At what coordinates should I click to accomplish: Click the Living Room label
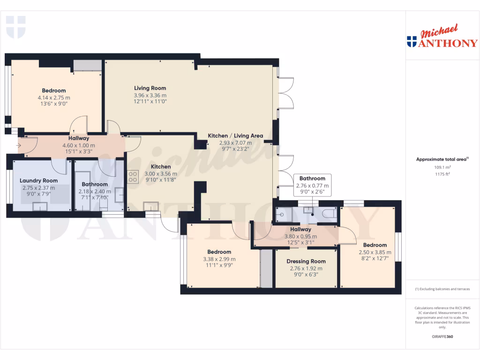pos(150,88)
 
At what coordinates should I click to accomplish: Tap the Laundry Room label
pos(38,180)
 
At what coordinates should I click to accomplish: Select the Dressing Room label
pos(307,262)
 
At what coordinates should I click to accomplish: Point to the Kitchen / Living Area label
pos(235,136)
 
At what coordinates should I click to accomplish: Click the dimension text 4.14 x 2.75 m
pos(54,97)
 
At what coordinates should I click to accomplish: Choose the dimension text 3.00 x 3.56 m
pos(161,174)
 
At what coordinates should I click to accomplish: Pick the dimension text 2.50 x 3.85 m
pos(375,252)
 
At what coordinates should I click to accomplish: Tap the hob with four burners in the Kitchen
pos(133,176)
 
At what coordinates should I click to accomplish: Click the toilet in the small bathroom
pos(329,214)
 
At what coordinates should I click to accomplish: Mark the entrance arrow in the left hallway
pos(18,145)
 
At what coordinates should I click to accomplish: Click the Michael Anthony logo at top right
pos(442,37)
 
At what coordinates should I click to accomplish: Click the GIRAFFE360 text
pos(442,337)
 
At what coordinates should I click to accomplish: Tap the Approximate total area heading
pos(442,159)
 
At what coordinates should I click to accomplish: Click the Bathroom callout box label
pos(312,179)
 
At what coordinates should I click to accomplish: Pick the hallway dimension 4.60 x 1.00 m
pos(79,145)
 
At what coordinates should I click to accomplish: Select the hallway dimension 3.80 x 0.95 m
pos(300,236)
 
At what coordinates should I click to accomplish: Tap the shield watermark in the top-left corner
pos(15,26)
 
